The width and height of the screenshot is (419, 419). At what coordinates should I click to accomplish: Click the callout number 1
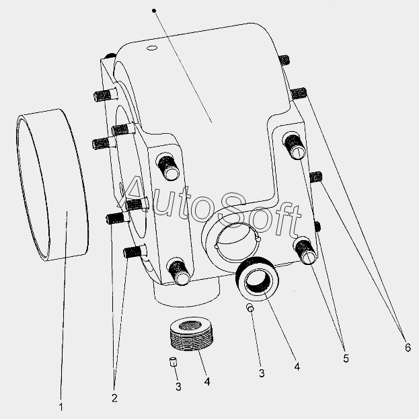click(x=61, y=407)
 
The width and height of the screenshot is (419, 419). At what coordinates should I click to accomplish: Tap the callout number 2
click(x=114, y=398)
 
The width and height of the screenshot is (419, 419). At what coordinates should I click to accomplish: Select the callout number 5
click(x=346, y=358)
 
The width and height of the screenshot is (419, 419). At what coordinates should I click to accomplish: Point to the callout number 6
click(x=408, y=348)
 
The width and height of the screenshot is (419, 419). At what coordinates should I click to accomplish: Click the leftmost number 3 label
click(x=178, y=387)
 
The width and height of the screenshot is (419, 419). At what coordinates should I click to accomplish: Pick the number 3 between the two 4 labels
click(x=262, y=373)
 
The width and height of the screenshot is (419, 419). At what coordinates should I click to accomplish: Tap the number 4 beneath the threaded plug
click(x=207, y=381)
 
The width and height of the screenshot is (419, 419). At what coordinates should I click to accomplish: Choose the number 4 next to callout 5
click(x=297, y=367)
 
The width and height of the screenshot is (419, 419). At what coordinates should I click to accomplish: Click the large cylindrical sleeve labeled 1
click(x=52, y=185)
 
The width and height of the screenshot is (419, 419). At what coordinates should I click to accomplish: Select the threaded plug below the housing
click(x=191, y=334)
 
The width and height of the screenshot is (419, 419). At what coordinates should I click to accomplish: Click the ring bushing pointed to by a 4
click(x=257, y=278)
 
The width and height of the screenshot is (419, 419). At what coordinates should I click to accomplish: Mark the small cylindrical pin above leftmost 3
click(x=174, y=361)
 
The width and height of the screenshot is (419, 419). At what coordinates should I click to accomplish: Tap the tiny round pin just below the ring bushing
click(x=250, y=308)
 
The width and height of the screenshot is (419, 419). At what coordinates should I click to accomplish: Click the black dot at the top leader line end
click(x=154, y=11)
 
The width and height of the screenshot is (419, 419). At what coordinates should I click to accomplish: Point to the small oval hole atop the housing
click(x=152, y=48)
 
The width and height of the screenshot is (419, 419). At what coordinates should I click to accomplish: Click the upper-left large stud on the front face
click(x=168, y=167)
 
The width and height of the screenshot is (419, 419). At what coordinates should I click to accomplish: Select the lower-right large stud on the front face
click(x=305, y=251)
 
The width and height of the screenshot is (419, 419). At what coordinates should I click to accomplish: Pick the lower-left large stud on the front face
click(x=178, y=271)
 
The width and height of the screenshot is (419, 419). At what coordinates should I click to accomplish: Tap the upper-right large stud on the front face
click(x=293, y=146)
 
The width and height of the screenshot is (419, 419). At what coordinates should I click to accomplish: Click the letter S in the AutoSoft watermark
click(x=233, y=211)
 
